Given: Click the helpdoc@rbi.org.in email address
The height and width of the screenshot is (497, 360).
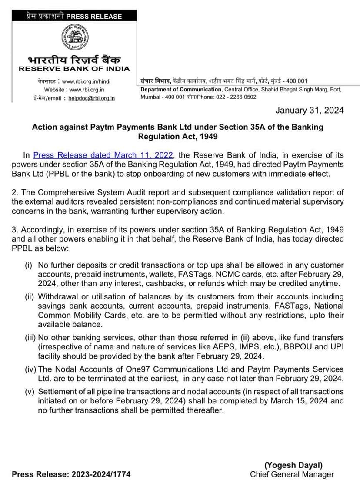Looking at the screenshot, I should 92,98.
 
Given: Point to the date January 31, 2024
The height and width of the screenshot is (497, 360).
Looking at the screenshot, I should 309,110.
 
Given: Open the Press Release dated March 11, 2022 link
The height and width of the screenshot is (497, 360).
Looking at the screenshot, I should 103,155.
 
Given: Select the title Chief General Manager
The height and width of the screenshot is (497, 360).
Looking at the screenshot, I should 292,474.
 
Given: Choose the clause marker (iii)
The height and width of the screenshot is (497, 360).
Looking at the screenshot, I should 30,337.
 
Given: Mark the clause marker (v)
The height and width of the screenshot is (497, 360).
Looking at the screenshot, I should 30,392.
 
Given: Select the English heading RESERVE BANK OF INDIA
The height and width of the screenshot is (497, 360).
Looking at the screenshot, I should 74,69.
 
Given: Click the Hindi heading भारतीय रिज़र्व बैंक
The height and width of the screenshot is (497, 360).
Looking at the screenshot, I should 74,59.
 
